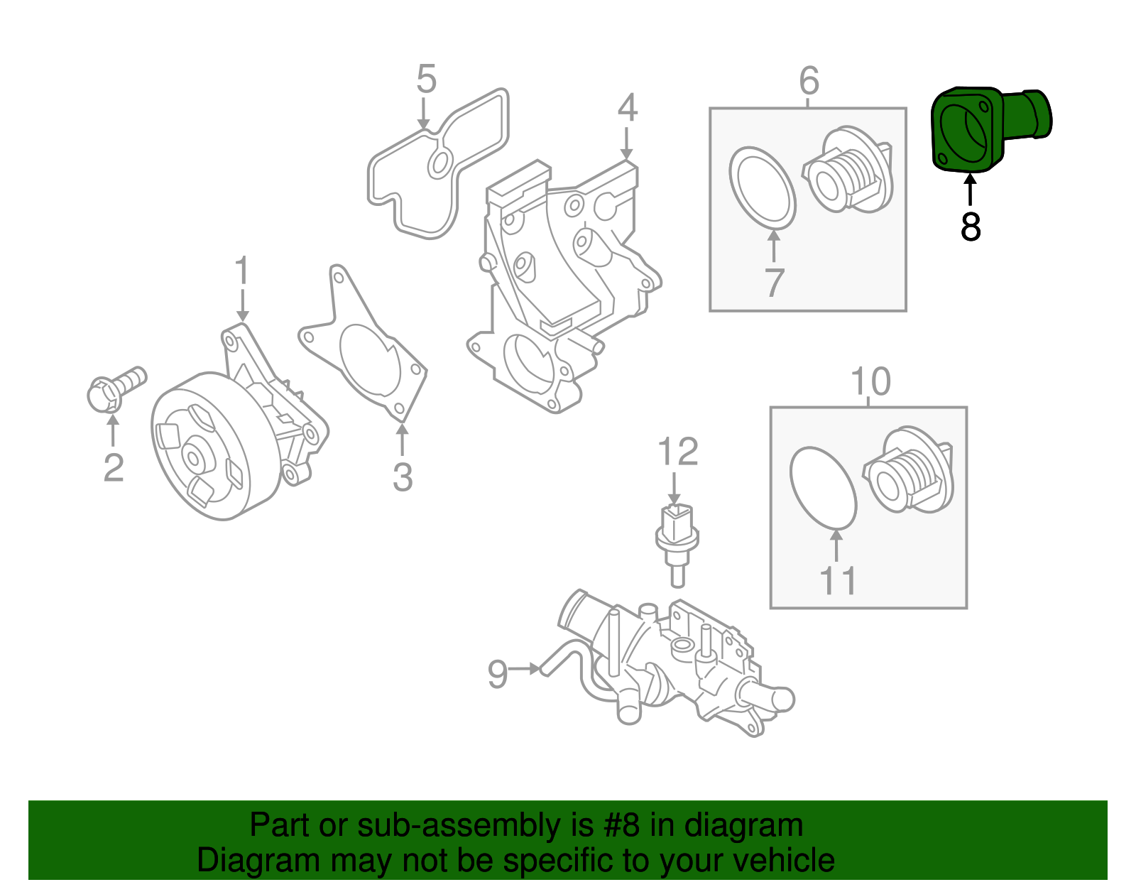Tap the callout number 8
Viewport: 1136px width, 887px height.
pos(970,227)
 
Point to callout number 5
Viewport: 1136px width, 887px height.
pos(426,79)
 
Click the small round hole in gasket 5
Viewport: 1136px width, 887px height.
pos(439,164)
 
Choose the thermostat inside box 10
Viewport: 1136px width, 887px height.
pos(909,469)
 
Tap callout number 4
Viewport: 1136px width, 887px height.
pos(627,107)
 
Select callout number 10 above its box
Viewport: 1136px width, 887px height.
pos(870,382)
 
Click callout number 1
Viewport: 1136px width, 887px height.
pos(242,271)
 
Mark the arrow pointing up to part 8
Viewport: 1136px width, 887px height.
pos(970,190)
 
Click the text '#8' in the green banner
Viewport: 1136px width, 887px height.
pos(622,826)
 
